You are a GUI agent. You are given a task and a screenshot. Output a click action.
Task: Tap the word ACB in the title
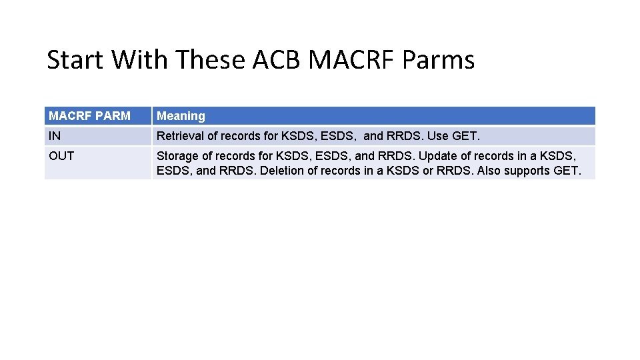pos(278,60)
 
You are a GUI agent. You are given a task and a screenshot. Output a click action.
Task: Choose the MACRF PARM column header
pos(89,116)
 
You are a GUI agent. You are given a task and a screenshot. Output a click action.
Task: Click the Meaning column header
pos(181,116)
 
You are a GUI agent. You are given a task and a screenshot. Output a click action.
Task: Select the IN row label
pos(54,136)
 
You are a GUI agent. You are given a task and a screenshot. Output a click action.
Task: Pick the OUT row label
pos(61,156)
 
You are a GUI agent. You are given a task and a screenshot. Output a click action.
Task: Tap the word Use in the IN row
pos(437,136)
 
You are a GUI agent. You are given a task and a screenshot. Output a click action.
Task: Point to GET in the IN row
pos(465,136)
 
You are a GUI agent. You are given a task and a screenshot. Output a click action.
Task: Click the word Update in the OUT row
pos(439,156)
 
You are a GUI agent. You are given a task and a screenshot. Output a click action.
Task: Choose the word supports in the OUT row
pos(529,171)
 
